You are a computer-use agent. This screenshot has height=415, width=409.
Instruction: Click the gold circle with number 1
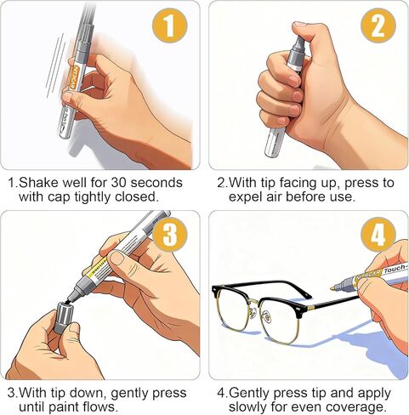[x=170, y=26]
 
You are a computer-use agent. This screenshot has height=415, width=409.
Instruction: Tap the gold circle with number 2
[x=378, y=26]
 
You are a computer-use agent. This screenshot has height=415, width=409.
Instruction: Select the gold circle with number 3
[x=170, y=235]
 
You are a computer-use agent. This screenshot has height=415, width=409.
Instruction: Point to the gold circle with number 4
[x=378, y=235]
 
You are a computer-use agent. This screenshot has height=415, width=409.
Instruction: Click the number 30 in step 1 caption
[x=118, y=183]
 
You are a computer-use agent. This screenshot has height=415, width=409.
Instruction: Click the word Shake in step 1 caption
[x=38, y=183]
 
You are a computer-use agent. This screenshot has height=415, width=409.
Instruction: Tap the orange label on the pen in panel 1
[x=74, y=77]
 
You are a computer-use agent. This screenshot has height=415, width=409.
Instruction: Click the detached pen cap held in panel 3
[x=63, y=317]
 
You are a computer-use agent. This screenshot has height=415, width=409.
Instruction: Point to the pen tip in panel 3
[x=71, y=298]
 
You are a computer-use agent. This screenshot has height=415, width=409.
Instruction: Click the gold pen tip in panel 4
[x=332, y=288]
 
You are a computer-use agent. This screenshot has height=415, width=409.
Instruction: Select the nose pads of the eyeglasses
[x=259, y=311]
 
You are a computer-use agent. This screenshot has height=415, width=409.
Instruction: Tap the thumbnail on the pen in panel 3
[x=117, y=258]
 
